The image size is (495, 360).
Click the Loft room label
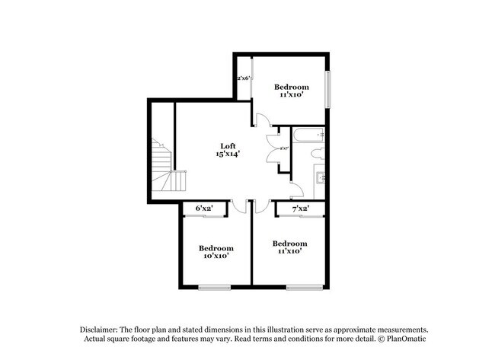click(228, 145)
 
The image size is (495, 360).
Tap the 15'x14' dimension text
click(228, 155)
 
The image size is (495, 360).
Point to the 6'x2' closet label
click(203, 208)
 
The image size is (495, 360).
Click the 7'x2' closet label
click(299, 208)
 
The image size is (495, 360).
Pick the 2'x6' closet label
click(244, 78)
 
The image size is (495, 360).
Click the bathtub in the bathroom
click(308, 135)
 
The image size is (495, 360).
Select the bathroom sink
click(321, 180)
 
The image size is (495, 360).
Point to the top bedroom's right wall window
click(329, 90)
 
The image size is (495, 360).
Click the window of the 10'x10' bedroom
click(215, 287)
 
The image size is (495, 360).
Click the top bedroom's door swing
click(260, 120)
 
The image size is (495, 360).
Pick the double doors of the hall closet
click(270, 145)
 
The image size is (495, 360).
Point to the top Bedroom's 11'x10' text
click(292, 95)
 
